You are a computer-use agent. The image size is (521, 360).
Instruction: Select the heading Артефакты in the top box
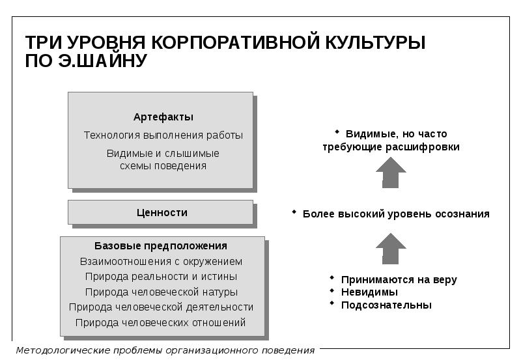tap(163, 117)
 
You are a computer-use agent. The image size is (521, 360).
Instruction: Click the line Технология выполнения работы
tap(163, 135)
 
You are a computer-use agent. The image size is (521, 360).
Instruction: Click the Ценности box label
tap(162, 212)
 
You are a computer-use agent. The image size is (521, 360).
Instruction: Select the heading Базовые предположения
tap(161, 246)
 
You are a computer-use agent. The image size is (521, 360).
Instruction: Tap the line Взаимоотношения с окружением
tap(161, 262)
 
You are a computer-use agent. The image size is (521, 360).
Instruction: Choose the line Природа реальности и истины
tap(161, 277)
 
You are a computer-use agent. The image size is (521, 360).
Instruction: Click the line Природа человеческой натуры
tap(161, 292)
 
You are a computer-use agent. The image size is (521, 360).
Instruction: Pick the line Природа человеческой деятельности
tap(161, 307)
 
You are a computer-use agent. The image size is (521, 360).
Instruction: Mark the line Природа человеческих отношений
tap(161, 322)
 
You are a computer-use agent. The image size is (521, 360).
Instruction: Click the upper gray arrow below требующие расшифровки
tap(391, 173)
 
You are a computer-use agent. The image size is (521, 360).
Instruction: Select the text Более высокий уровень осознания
tap(396, 214)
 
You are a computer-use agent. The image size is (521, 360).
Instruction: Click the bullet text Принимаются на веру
tap(399, 280)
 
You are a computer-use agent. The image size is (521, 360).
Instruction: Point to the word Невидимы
tap(369, 292)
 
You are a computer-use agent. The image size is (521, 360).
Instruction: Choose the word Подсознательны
tap(386, 305)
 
